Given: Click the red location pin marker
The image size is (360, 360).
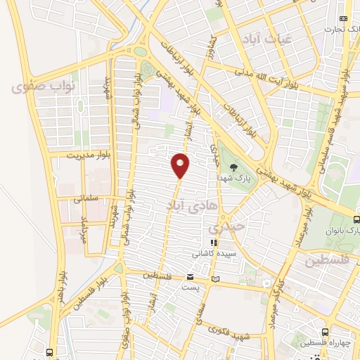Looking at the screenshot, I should point(181,165).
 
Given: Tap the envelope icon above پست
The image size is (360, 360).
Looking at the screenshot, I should point(190,277).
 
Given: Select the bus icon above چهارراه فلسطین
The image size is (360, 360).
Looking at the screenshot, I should point(325,332).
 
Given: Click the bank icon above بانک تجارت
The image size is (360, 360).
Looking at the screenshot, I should point(343,18).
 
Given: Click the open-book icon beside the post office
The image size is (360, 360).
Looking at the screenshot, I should point(215,279).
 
